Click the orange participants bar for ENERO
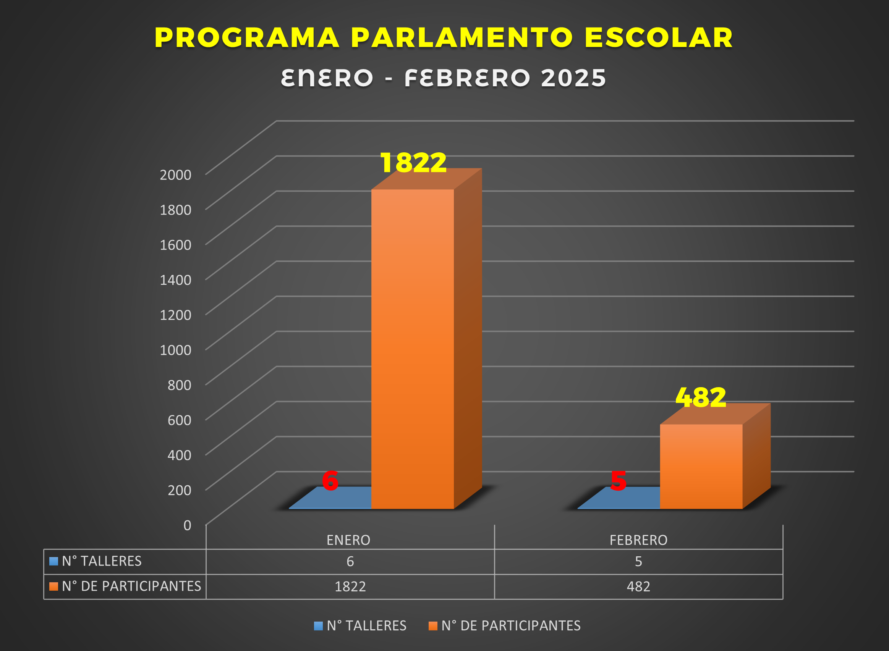click(x=412, y=349)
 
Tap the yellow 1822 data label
click(x=413, y=162)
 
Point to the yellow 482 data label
click(x=701, y=397)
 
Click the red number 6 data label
click(x=330, y=481)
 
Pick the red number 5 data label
click(x=618, y=481)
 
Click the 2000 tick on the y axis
click(x=175, y=174)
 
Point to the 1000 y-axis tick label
click(x=175, y=350)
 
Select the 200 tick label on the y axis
click(x=180, y=490)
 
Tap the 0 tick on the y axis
click(x=187, y=525)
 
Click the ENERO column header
click(x=348, y=540)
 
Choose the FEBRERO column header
click(x=639, y=540)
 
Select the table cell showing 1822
click(x=350, y=586)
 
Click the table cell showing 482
click(x=639, y=586)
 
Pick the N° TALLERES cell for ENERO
click(x=350, y=561)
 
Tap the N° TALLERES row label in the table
click(x=102, y=561)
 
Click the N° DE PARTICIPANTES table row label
click(x=131, y=586)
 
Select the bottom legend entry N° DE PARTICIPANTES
click(x=510, y=625)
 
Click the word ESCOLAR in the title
click(x=659, y=38)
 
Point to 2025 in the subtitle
click(x=573, y=78)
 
